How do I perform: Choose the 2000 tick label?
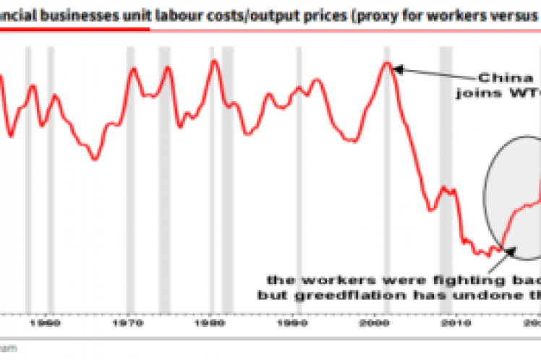point(375,321)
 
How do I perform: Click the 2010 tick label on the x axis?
point(456,321)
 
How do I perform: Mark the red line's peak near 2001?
point(387,64)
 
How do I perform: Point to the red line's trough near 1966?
point(95,159)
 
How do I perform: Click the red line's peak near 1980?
point(214,60)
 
